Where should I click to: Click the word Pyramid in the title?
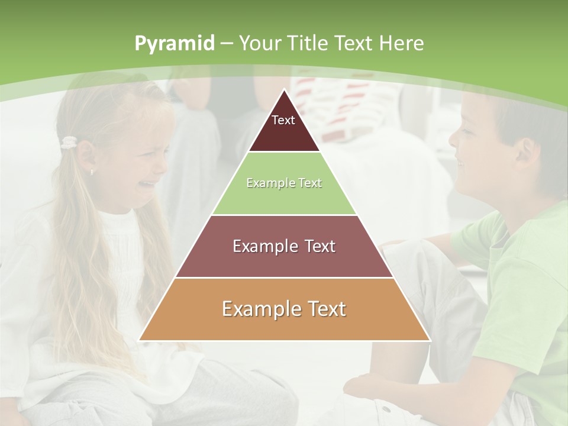click(x=174, y=44)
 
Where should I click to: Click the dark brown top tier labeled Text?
click(x=283, y=127)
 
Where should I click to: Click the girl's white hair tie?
click(x=69, y=142)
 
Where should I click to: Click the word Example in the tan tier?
click(x=255, y=309)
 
